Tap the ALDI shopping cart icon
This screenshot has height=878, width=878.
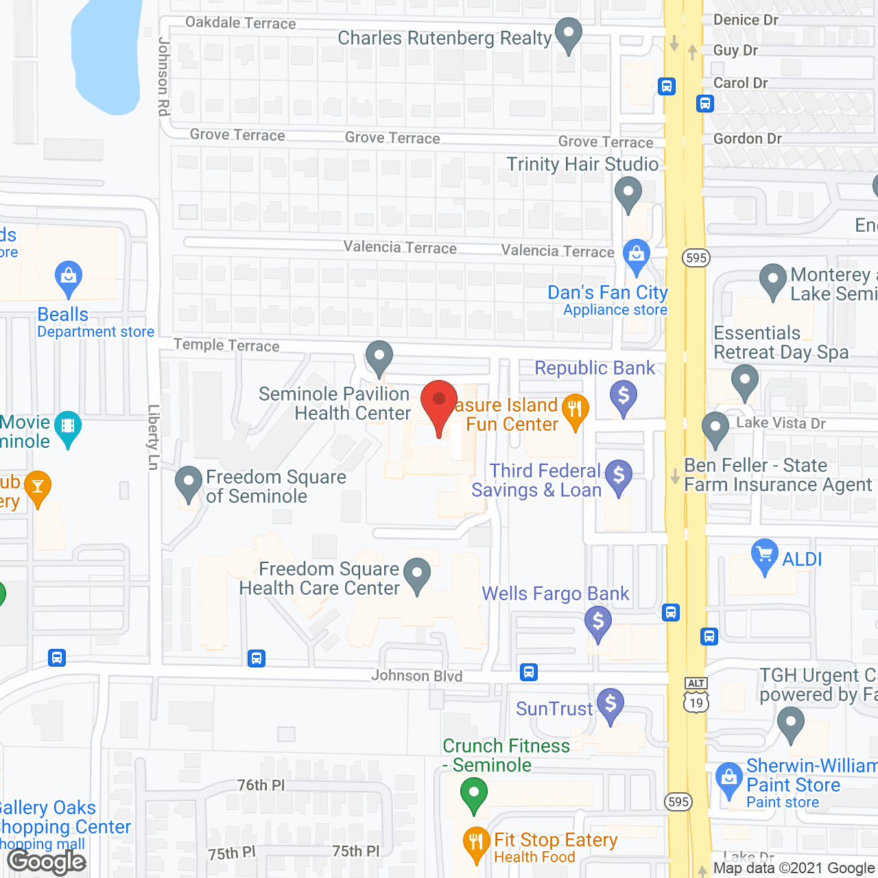click(x=764, y=555)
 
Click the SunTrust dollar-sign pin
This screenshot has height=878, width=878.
click(x=610, y=704)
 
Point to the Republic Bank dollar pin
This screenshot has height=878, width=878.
click(x=624, y=397)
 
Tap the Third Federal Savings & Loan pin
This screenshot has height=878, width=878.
click(x=619, y=475)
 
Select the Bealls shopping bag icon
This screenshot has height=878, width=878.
click(x=68, y=278)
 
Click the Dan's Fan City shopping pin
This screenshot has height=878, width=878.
click(x=637, y=254)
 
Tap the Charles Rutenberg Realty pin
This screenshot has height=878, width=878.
click(x=568, y=34)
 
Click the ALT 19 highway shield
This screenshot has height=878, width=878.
click(x=696, y=695)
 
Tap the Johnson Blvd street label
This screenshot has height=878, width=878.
click(x=417, y=676)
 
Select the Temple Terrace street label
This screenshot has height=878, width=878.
click(x=226, y=345)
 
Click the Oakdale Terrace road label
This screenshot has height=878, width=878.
click(x=241, y=23)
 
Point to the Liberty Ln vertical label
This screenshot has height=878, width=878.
click(x=154, y=437)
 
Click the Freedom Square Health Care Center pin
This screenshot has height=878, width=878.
click(x=416, y=574)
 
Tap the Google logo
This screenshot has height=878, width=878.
click(x=47, y=861)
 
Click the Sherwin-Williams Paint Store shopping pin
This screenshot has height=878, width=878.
click(x=728, y=779)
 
